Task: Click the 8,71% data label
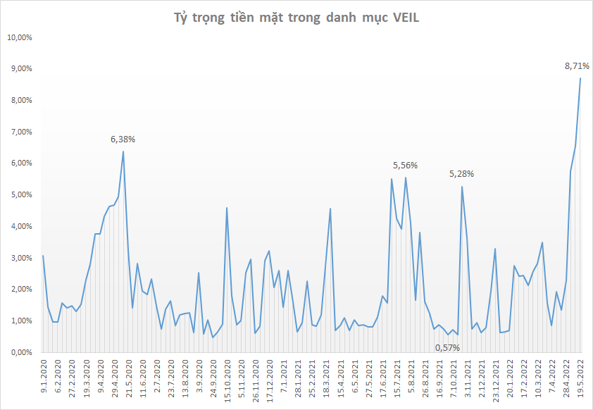coord(577,66)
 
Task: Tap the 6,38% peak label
coord(123,139)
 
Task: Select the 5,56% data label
coord(405,165)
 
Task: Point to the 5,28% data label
coord(461,173)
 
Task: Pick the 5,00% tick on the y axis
coord(21,195)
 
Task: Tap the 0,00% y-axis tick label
coord(21,352)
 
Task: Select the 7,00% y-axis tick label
coord(21,132)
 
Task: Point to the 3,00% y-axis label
coord(21,258)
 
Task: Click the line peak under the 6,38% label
coord(123,151)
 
